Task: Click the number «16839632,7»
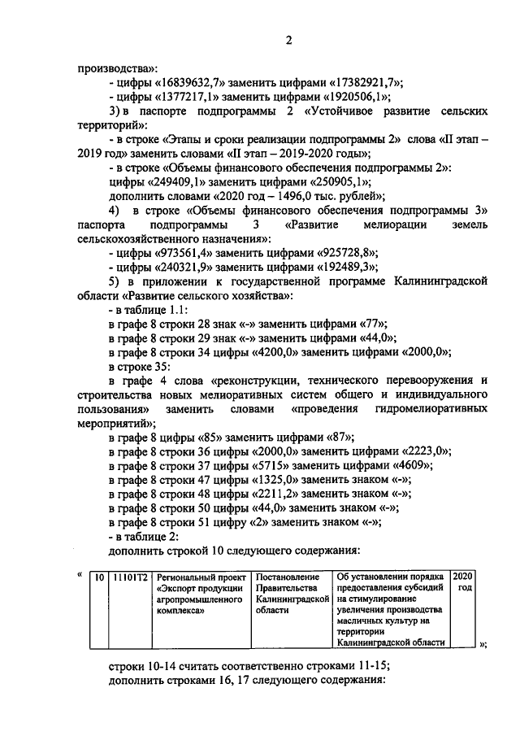pos(191,83)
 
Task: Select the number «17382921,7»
pos(365,83)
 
